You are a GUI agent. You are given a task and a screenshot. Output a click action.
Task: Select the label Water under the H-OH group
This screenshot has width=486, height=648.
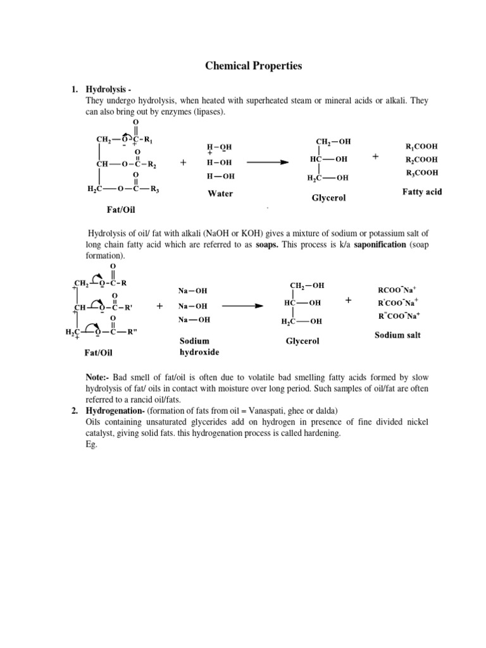click(220, 194)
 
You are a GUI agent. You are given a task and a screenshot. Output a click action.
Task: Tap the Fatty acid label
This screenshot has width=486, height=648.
click(422, 191)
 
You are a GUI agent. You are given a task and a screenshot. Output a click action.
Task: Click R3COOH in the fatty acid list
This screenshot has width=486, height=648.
click(421, 173)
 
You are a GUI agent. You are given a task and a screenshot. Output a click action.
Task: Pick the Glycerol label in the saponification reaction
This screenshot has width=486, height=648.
click(302, 340)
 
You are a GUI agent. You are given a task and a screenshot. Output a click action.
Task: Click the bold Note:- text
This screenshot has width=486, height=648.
click(98, 377)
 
